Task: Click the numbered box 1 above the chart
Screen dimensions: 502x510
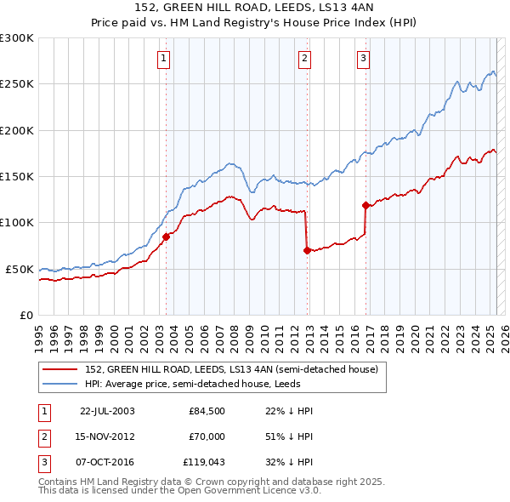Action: (x=162, y=59)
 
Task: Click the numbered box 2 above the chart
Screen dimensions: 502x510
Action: (x=304, y=59)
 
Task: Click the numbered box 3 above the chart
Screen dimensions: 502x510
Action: (x=363, y=59)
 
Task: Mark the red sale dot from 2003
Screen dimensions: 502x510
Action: (x=166, y=237)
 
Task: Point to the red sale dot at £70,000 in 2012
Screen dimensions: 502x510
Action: (x=307, y=250)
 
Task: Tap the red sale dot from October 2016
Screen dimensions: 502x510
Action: (x=365, y=205)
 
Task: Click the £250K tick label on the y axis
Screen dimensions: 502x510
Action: (x=17, y=83)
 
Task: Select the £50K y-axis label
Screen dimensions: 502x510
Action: (x=20, y=269)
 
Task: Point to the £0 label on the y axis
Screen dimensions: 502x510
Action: (x=27, y=315)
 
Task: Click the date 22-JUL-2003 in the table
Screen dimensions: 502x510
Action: (x=107, y=411)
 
